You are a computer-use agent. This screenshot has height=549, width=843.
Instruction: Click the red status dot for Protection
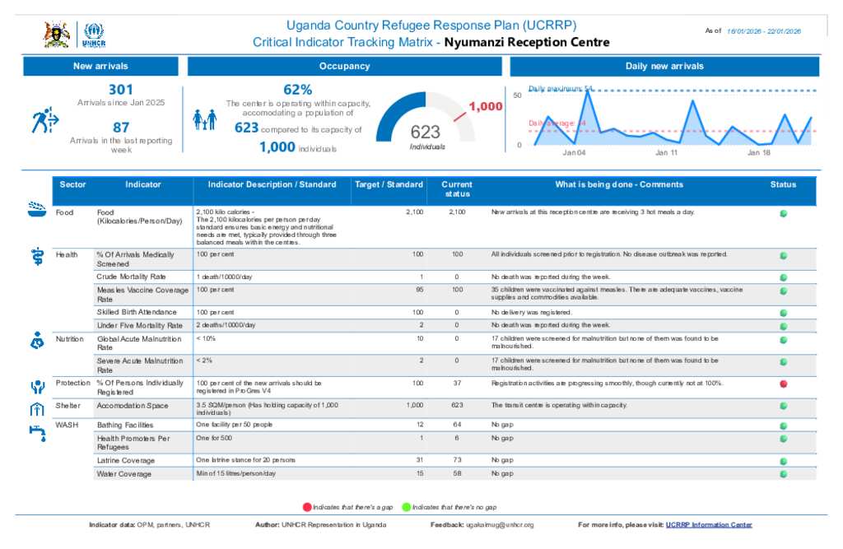point(783,384)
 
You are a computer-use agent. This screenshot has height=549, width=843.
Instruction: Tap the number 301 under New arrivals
point(121,89)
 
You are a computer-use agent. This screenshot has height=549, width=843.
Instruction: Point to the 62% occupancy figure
point(297,89)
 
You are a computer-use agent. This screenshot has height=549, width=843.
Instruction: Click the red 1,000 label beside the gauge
point(486,106)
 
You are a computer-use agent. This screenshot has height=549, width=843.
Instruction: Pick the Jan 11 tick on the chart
point(667,153)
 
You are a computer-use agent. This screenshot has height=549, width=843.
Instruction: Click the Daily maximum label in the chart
point(561,88)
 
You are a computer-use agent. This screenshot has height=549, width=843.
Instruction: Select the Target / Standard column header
point(389,185)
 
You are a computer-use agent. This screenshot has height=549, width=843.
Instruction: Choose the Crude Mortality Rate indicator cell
point(132,277)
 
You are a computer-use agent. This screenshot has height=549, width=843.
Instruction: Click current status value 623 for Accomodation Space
point(458,406)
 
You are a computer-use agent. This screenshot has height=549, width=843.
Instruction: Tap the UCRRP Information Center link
point(709,524)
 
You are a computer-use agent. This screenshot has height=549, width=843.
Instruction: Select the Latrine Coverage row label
point(125,460)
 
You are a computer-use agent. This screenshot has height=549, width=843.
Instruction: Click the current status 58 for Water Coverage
point(458,474)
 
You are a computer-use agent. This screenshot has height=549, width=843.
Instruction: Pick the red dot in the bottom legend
point(307,507)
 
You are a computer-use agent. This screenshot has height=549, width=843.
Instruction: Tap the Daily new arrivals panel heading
point(664,67)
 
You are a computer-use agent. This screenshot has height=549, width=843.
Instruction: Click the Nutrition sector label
point(70,338)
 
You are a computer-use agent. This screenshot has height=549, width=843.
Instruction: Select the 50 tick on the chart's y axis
point(519,96)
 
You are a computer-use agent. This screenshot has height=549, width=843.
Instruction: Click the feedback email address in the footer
point(500,524)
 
